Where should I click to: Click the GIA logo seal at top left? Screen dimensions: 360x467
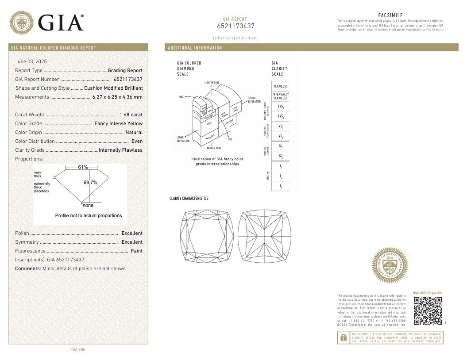[22, 23]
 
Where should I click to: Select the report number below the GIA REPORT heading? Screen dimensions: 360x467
[236, 26]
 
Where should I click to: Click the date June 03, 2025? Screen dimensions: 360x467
[31, 61]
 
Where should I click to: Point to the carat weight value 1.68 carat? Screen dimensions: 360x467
[131, 115]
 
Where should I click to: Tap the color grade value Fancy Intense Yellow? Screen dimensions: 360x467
[119, 123]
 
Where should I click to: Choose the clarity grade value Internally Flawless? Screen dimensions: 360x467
[121, 150]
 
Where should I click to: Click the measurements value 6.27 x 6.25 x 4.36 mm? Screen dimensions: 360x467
[117, 97]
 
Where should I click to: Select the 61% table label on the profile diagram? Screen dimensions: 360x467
[83, 167]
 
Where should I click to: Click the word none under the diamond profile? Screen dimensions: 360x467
[88, 206]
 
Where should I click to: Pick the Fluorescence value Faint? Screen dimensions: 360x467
[137, 251]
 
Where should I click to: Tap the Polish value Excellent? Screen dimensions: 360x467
[132, 233]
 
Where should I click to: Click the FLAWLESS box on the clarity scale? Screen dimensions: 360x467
[280, 86]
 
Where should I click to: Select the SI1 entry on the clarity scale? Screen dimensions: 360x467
[280, 146]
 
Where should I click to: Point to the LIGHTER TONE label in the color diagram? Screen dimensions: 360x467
[212, 83]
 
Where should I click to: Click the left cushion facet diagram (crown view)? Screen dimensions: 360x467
[207, 236]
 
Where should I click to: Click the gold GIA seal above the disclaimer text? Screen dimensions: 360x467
[390, 265]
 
